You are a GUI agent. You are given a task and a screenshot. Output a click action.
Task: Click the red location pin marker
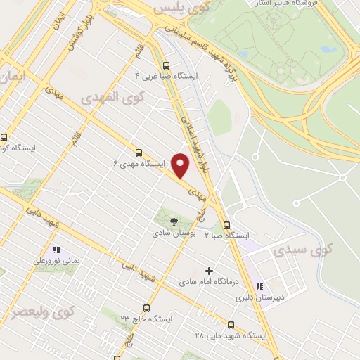tap(181, 165)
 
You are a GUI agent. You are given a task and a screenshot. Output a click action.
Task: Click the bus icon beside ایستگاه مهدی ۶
tap(138, 151)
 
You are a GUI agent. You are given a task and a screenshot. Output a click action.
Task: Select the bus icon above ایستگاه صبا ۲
tap(226, 225)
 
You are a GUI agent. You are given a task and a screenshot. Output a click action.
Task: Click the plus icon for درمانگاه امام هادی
tap(208, 270)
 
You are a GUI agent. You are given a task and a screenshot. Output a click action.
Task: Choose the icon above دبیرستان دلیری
tap(259, 286)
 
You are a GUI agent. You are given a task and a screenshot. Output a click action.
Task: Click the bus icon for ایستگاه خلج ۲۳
tap(146, 307)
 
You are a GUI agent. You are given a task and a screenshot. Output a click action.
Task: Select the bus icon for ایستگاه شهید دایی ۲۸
tap(231, 324)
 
